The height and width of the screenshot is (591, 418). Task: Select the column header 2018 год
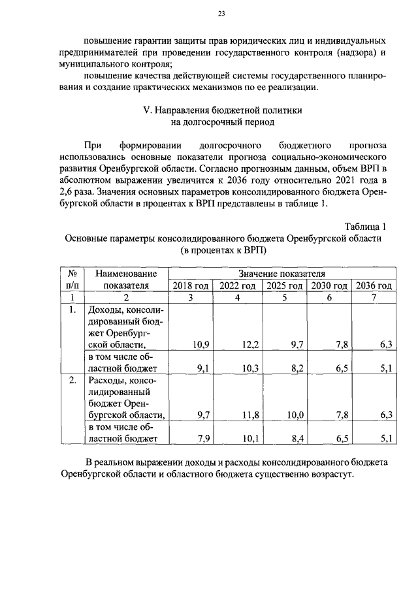191,285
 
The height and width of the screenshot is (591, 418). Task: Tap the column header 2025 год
285,285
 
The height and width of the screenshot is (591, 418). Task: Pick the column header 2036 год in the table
373,285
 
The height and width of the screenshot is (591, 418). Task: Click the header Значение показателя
282,274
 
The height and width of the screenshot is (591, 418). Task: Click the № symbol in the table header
74,274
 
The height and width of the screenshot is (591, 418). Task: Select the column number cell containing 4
238,297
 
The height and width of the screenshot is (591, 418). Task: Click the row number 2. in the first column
73,379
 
